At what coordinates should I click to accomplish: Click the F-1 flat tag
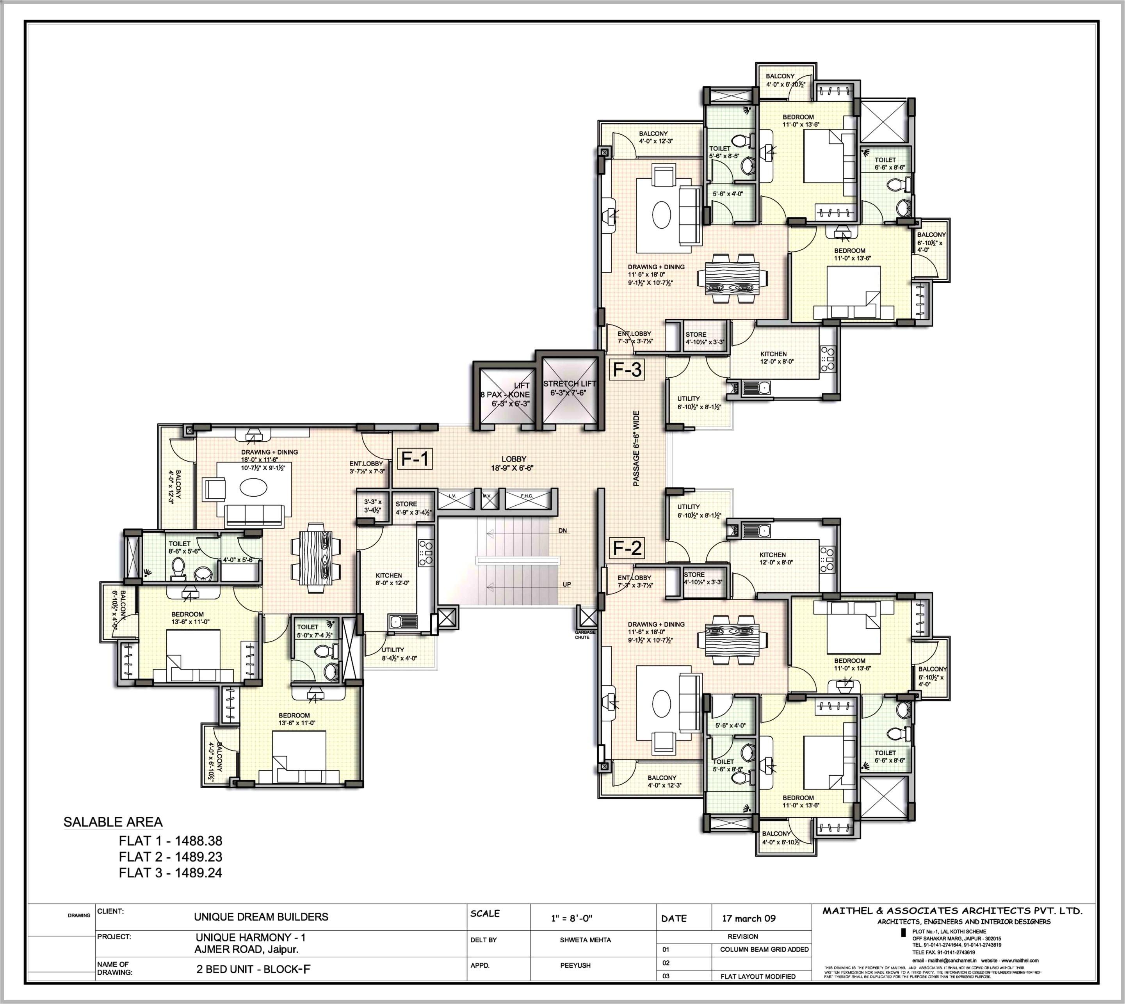[413, 458]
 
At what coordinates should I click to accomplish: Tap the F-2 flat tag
[627, 548]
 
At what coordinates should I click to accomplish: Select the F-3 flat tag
[627, 370]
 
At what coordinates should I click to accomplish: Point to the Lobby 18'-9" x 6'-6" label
[513, 464]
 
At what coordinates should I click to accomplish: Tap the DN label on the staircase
[562, 531]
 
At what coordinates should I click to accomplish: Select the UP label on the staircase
[567, 584]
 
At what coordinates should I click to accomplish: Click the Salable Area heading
[113, 822]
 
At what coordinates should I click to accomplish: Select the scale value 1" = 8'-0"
[571, 919]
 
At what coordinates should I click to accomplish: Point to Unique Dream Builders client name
[261, 917]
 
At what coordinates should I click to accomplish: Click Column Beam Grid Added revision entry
[764, 949]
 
